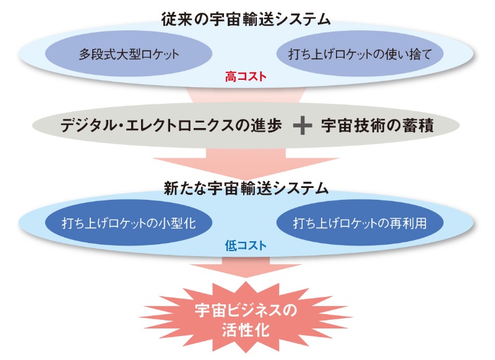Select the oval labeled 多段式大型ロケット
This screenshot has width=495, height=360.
pyautogui.click(x=129, y=54)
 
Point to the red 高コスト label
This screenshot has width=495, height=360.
pyautogui.click(x=246, y=77)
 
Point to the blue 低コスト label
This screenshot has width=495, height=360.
pyautogui.click(x=246, y=246)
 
